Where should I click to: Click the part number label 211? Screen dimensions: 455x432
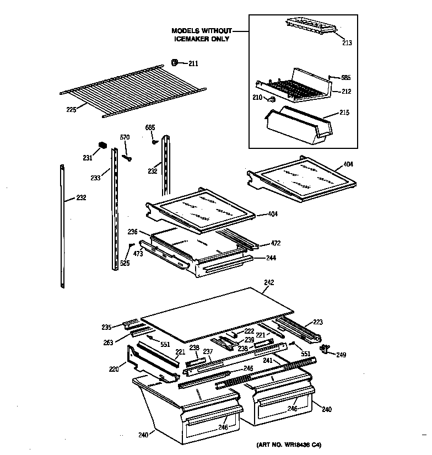tap(193, 63)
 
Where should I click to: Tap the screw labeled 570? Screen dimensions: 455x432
tap(128, 158)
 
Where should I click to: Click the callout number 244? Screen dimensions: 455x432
tap(271, 258)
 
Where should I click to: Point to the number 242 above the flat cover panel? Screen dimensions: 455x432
tap(268, 282)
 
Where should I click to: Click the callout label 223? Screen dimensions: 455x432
tap(318, 322)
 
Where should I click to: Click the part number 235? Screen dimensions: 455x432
tap(106, 326)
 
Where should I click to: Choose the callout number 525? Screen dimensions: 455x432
tap(125, 263)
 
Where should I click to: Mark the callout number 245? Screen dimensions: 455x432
tap(248, 368)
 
